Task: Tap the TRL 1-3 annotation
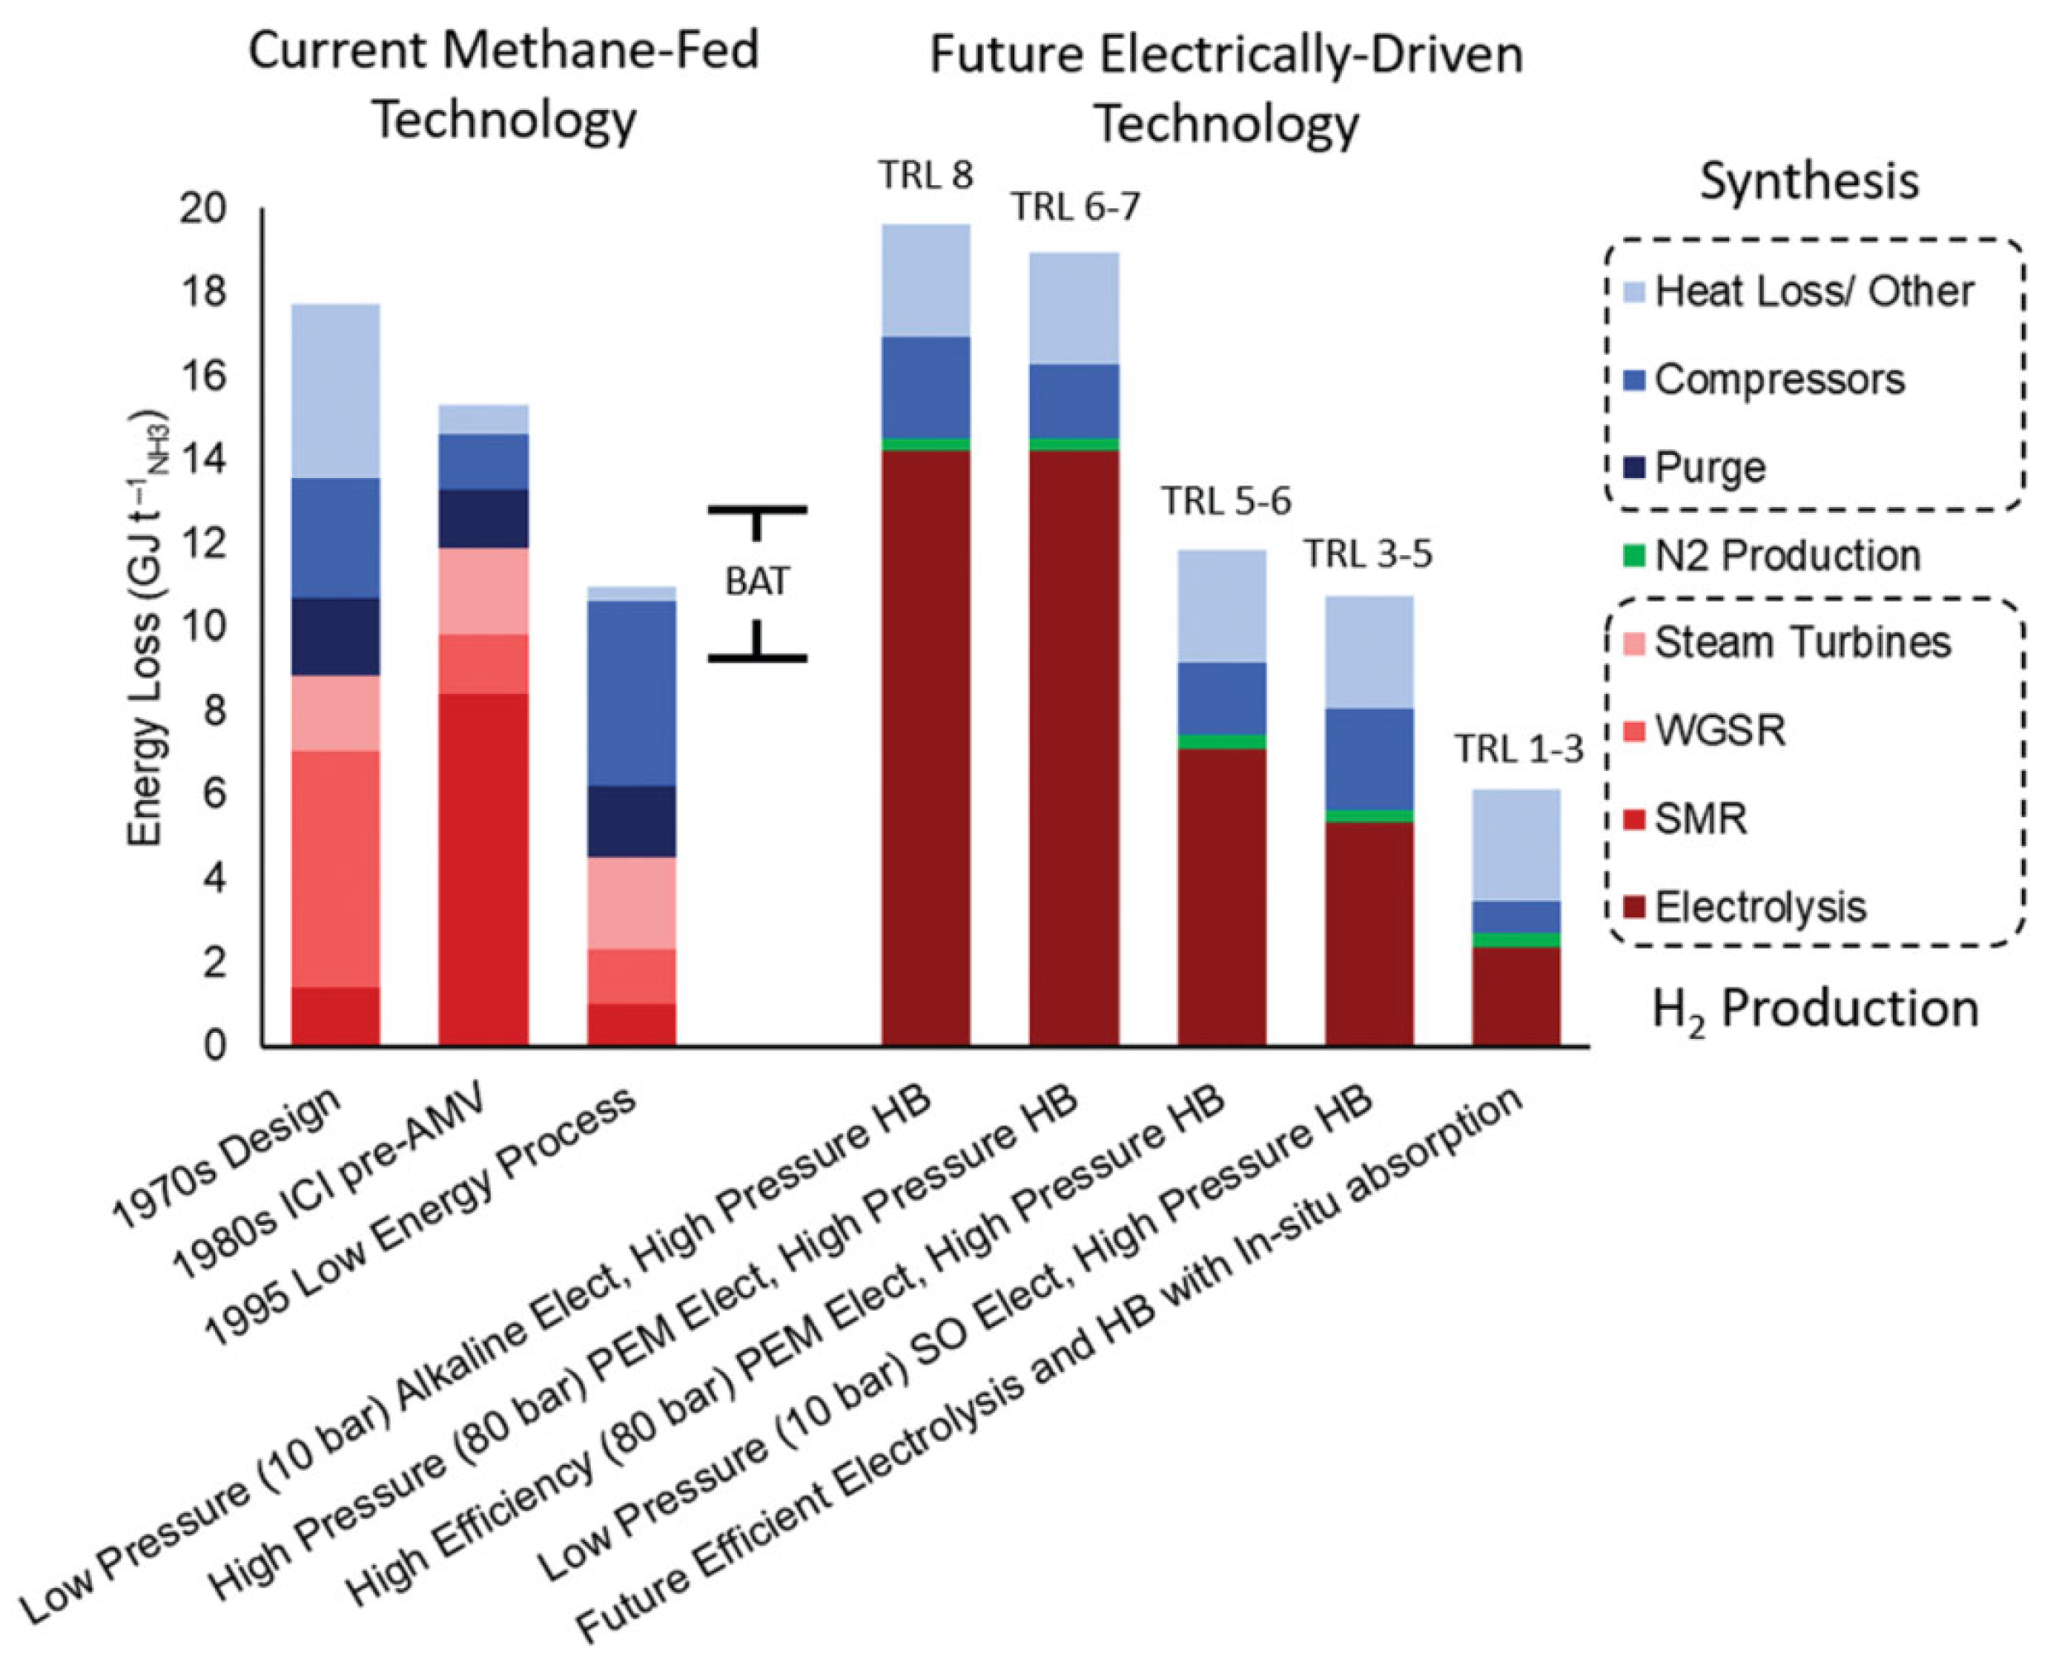(x=1517, y=749)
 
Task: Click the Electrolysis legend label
(x=1760, y=907)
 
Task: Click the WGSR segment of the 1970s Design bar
(x=336, y=868)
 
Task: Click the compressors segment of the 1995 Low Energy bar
(x=631, y=692)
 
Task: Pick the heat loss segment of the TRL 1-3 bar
(x=1516, y=845)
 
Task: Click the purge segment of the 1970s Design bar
(x=336, y=637)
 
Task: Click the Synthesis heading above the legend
(x=1808, y=181)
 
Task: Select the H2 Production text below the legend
(x=1814, y=1010)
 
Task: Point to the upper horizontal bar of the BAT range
(x=757, y=509)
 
